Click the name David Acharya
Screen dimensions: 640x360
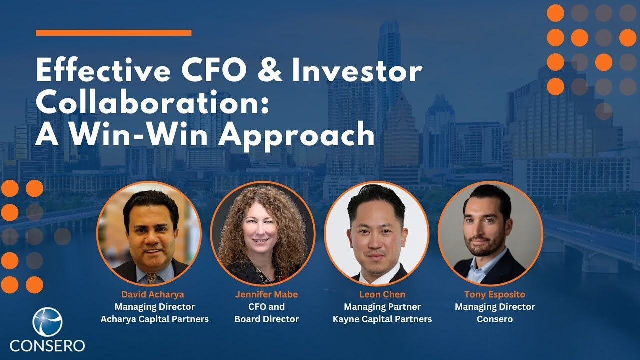point(153,294)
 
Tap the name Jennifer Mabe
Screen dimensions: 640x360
point(266,294)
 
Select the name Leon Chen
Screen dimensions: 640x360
point(382,294)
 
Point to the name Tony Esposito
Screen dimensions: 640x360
point(495,294)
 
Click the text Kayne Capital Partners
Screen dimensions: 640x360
point(382,319)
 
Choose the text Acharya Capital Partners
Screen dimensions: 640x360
point(154,319)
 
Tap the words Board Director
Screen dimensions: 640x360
point(266,319)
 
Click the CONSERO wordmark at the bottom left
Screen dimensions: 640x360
point(47,345)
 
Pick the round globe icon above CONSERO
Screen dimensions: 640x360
point(47,322)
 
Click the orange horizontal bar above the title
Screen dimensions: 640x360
point(113,33)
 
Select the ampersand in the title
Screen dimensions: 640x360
point(270,70)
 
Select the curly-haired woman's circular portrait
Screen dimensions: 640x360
point(263,233)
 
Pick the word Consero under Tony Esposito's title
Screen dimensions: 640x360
point(495,319)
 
